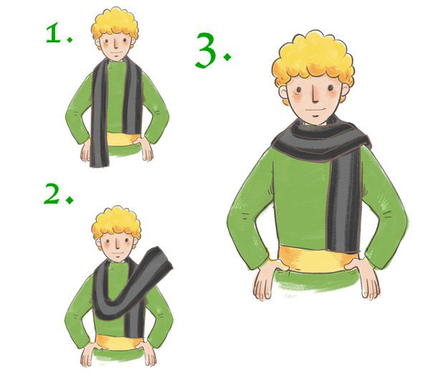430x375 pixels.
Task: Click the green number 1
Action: point(54,33)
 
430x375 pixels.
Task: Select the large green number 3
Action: point(206,50)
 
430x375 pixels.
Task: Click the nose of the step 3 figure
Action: point(315,94)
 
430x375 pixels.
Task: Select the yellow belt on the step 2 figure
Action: point(119,342)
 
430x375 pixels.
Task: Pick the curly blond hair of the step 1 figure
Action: point(115,25)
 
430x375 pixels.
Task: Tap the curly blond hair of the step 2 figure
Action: point(116,223)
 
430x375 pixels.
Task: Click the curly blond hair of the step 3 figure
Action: point(313,59)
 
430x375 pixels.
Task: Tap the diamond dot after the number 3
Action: point(227,57)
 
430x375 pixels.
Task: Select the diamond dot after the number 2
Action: point(70,199)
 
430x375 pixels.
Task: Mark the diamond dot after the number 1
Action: point(70,39)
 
